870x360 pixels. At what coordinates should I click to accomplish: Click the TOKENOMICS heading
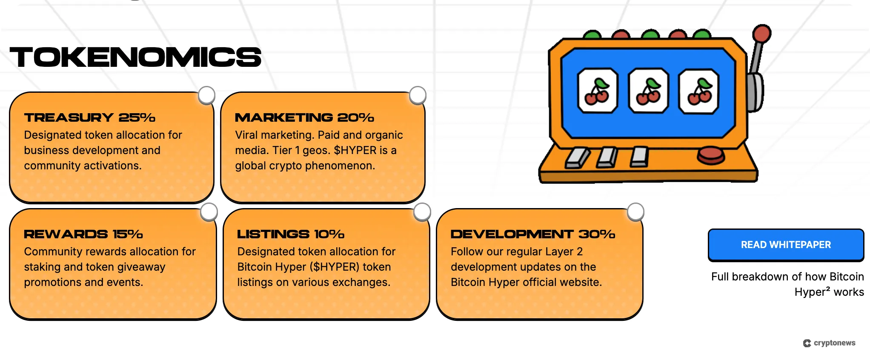click(x=135, y=57)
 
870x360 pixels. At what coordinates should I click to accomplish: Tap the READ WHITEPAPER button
click(x=786, y=245)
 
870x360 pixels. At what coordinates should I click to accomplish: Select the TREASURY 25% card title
click(x=89, y=117)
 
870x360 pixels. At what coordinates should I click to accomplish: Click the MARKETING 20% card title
click(x=304, y=117)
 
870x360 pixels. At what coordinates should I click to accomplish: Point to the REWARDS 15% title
click(x=83, y=234)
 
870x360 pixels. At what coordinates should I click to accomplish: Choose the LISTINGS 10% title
click(x=291, y=234)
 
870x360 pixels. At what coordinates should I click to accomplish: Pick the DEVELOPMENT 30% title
click(x=533, y=234)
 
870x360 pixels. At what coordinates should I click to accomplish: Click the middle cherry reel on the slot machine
click(x=648, y=91)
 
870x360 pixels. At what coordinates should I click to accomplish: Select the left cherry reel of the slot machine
click(x=597, y=91)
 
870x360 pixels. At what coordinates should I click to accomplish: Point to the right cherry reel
click(x=699, y=91)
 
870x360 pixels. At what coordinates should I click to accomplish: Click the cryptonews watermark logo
click(x=829, y=343)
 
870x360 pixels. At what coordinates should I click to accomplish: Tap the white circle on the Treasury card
click(x=207, y=95)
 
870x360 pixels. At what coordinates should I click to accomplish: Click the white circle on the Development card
click(x=635, y=212)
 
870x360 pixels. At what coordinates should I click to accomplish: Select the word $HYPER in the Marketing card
click(x=355, y=150)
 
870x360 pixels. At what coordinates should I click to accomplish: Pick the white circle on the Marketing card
click(x=418, y=95)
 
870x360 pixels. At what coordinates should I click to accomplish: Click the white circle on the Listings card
click(x=422, y=212)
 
